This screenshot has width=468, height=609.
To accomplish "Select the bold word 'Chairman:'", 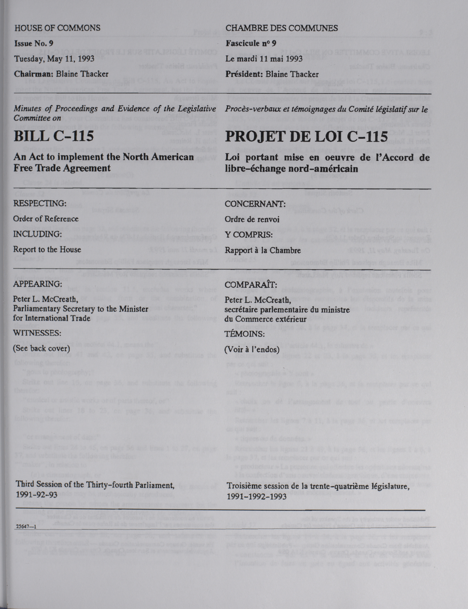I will [x=34, y=74].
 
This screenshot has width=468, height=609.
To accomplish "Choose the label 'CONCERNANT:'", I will [x=255, y=204].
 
